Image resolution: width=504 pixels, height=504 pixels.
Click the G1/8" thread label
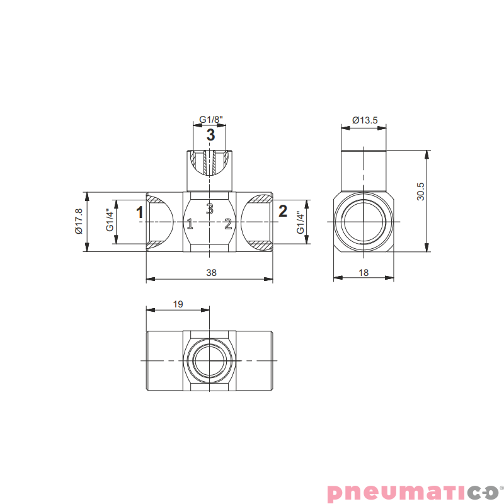pyautogui.click(x=211, y=120)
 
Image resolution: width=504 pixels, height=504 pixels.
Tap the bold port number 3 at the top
pyautogui.click(x=210, y=135)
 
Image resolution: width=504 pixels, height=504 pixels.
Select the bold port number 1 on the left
pyautogui.click(x=140, y=212)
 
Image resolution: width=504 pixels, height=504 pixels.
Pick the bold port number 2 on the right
pyautogui.click(x=283, y=211)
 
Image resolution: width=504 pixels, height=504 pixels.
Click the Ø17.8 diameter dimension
pyautogui.click(x=79, y=222)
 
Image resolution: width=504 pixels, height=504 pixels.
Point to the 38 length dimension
pyautogui.click(x=211, y=273)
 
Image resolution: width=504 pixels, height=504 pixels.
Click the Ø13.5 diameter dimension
pyautogui.click(x=365, y=120)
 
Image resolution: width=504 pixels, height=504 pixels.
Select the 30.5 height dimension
pyautogui.click(x=421, y=192)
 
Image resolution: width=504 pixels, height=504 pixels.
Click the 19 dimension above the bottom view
pyautogui.click(x=178, y=304)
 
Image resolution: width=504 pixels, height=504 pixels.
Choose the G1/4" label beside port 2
pyautogui.click(x=301, y=222)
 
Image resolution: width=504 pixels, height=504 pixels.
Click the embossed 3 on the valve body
pyautogui.click(x=210, y=207)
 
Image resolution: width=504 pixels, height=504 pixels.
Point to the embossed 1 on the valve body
pyautogui.click(x=190, y=223)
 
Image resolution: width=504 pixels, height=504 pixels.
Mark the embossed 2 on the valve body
pyautogui.click(x=229, y=223)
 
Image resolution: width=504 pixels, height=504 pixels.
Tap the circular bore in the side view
pyautogui.click(x=364, y=222)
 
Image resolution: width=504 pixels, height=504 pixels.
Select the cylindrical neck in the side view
pyautogui.click(x=364, y=171)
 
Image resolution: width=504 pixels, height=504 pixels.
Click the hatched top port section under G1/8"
pyautogui.click(x=210, y=163)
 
